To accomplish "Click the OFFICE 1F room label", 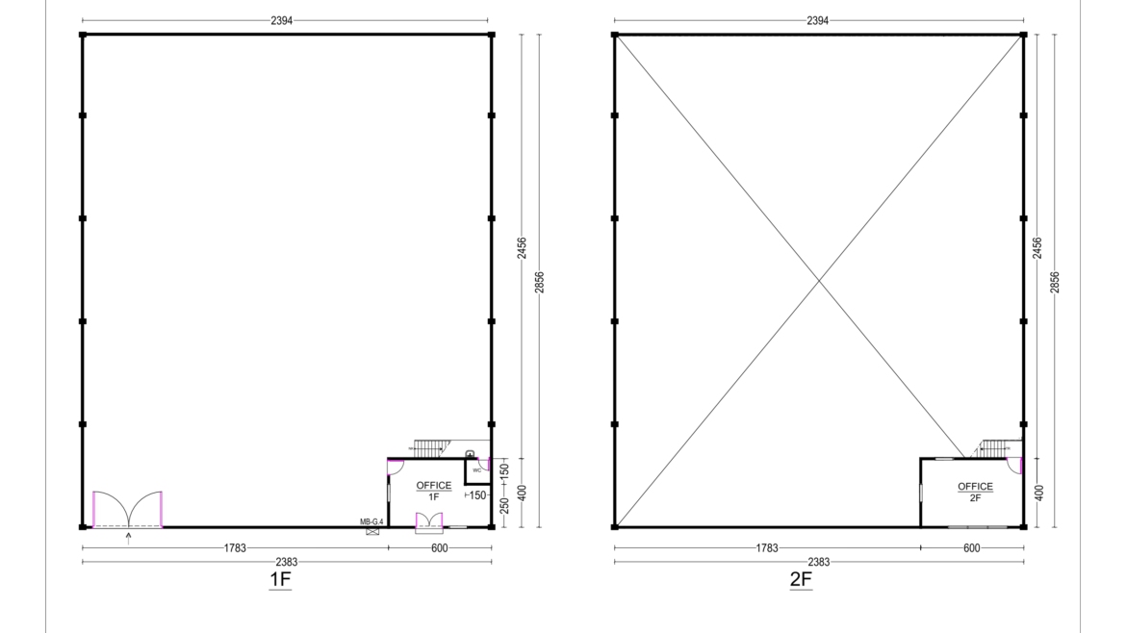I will [433, 491].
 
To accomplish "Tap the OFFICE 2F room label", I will [975, 492].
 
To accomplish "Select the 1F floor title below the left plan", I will [279, 580].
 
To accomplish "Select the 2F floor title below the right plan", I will [801, 580].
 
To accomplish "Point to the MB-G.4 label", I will [372, 521].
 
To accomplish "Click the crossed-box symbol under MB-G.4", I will [372, 531].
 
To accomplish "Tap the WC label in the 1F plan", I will [476, 470].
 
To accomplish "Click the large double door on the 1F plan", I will [127, 510].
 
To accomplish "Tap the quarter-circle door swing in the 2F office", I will [1012, 467].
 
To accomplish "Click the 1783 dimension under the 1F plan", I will [235, 548].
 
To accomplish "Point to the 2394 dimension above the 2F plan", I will [817, 20].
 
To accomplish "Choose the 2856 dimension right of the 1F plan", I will [539, 281].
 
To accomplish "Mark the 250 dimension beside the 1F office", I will [504, 503].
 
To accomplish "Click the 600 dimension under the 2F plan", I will [971, 548].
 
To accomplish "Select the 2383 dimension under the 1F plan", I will [287, 562].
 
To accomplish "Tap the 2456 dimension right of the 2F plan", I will [1037, 247].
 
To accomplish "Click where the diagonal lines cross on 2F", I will [819, 281].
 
